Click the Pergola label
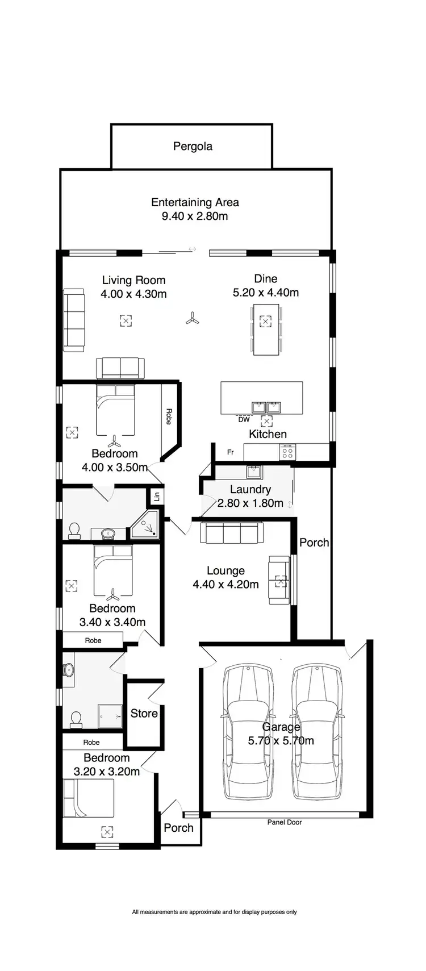click(193, 147)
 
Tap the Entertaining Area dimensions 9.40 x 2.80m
click(195, 216)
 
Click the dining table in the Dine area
click(266, 330)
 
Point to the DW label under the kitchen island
click(244, 420)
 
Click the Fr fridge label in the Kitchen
click(231, 453)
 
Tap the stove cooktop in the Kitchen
click(287, 452)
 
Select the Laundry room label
click(250, 489)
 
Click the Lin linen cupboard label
click(157, 496)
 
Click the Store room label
click(144, 714)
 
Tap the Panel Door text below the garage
click(285, 822)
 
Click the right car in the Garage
click(317, 732)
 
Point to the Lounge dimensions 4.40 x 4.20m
click(225, 585)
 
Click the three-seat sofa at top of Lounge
click(232, 534)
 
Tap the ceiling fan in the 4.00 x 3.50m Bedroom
click(115, 441)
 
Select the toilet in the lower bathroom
click(74, 719)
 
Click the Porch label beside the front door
click(178, 828)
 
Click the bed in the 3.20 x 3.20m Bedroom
click(89, 798)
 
